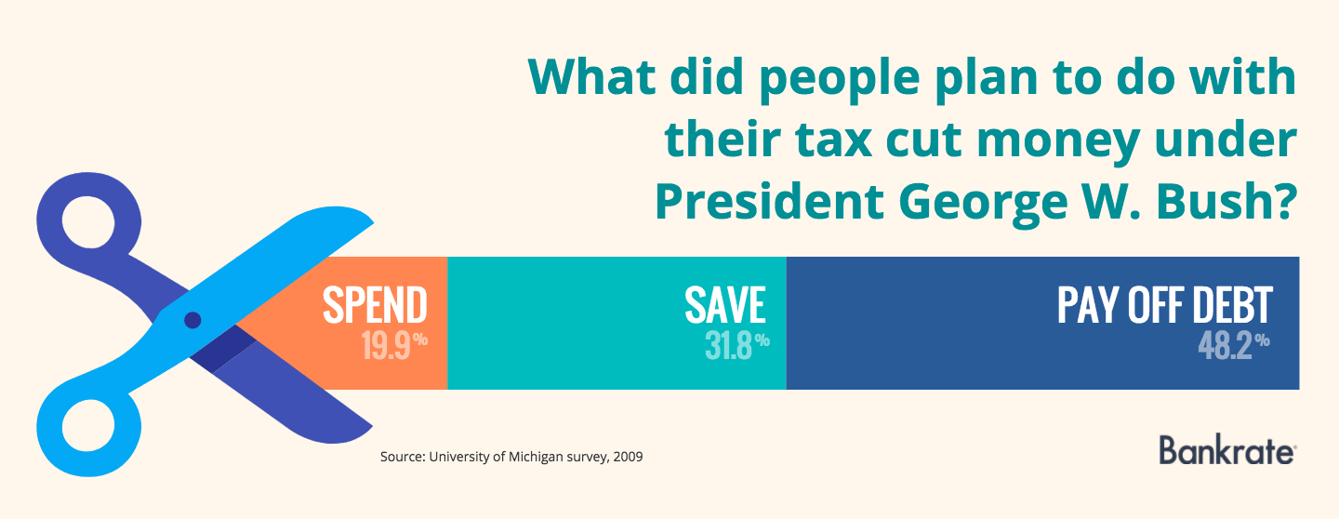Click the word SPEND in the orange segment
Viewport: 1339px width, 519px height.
375,306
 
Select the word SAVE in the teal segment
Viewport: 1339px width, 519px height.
724,306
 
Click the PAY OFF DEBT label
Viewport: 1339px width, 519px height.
1164,306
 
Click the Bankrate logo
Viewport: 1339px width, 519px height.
1226,450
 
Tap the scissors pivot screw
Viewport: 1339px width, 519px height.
192,320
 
